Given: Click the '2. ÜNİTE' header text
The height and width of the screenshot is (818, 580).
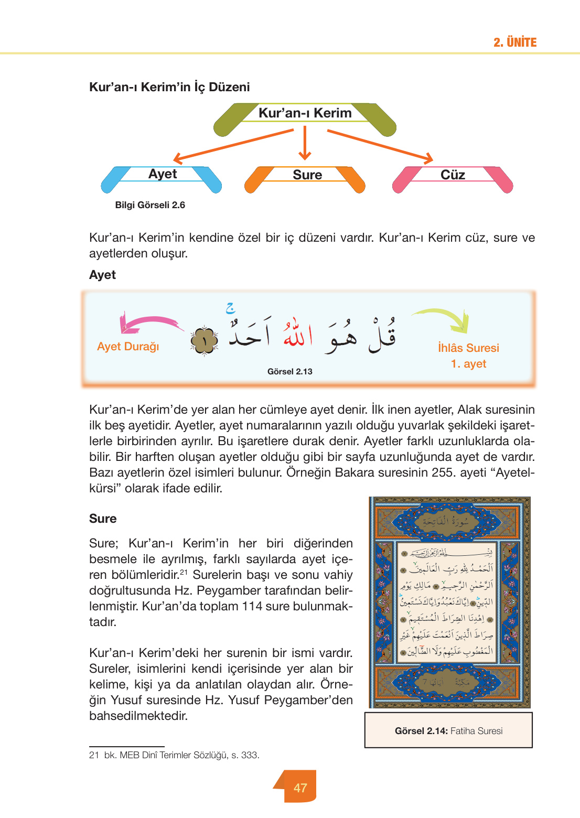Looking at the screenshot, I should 514,42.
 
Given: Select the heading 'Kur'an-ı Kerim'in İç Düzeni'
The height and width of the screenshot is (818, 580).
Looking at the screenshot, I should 169,87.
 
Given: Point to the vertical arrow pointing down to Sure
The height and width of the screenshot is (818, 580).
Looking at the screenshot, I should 305,143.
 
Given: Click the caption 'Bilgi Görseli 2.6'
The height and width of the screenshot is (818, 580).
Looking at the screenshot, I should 150,205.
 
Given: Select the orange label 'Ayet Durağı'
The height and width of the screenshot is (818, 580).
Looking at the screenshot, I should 128,347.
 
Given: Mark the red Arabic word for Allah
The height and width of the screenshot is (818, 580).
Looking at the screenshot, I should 297,334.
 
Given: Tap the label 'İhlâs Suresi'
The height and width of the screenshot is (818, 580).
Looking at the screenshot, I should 468,348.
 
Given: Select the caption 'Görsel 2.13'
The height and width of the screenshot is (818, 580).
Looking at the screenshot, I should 289,372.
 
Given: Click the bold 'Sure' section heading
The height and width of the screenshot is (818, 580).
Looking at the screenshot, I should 103,519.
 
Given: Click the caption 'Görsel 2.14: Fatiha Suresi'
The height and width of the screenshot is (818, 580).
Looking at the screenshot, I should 448,731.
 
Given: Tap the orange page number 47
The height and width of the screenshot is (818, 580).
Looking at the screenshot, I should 300,788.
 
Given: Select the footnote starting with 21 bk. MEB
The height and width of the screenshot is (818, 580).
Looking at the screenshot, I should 174,755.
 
